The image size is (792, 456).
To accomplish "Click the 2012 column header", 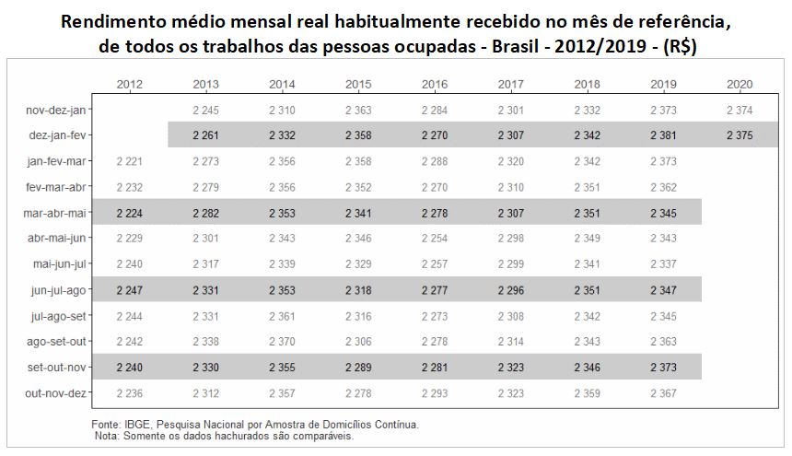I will pyautogui.click(x=131, y=85).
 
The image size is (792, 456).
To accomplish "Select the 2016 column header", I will pyautogui.click(x=435, y=85).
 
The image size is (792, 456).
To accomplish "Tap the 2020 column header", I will pyautogui.click(x=740, y=85).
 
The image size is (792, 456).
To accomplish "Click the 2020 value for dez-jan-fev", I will pyautogui.click(x=740, y=135).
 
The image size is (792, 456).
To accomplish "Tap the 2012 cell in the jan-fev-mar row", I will pyautogui.click(x=131, y=161).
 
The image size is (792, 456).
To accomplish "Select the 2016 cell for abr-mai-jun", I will pyautogui.click(x=435, y=240).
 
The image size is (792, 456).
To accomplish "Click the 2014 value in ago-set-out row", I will pyautogui.click(x=283, y=342).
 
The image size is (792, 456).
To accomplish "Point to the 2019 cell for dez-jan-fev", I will pyautogui.click(x=663, y=135).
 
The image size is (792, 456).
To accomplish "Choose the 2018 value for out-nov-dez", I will pyautogui.click(x=588, y=393).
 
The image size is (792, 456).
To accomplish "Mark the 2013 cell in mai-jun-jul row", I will pyautogui.click(x=206, y=264).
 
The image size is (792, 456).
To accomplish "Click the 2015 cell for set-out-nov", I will pyautogui.click(x=358, y=368).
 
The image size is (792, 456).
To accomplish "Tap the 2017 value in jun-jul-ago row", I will pyautogui.click(x=511, y=290).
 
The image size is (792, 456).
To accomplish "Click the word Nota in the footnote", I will pyautogui.click(x=109, y=436).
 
